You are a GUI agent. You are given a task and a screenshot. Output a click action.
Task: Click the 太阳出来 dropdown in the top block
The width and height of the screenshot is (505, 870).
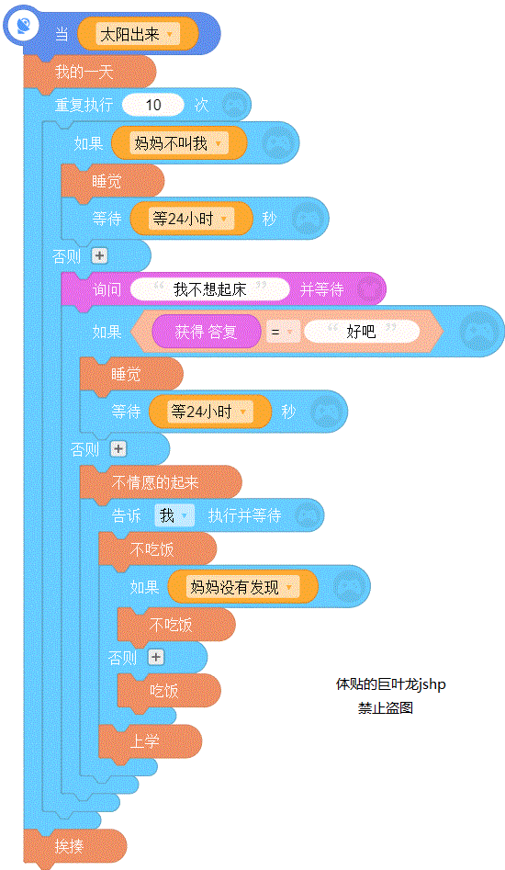[x=138, y=34]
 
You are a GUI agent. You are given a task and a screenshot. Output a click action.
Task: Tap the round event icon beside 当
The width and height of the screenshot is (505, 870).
[x=22, y=26]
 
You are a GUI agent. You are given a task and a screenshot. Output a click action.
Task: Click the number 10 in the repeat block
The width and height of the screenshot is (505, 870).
[x=153, y=105]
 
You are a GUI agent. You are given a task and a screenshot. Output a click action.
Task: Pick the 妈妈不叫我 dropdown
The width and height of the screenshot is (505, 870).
[x=178, y=143]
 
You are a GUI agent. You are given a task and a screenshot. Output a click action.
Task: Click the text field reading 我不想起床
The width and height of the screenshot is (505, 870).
[x=210, y=289]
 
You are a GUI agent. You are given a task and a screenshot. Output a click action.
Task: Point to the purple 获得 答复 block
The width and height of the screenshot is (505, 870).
[x=207, y=332]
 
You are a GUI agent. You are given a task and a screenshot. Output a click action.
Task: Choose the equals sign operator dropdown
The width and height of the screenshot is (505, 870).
[x=282, y=333]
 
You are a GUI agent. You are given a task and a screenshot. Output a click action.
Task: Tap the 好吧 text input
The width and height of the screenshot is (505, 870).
[x=362, y=332]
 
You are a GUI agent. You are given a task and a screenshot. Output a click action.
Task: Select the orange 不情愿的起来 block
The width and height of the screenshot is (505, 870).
[x=161, y=482]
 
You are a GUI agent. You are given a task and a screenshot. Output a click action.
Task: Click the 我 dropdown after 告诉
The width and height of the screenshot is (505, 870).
[x=174, y=515]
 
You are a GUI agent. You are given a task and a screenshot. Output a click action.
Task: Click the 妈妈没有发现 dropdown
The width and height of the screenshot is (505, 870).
[x=242, y=587]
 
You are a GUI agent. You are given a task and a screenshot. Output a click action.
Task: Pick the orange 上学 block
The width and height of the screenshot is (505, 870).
[x=151, y=741]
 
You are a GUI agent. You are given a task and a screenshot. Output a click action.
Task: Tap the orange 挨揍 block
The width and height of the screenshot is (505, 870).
[x=75, y=845]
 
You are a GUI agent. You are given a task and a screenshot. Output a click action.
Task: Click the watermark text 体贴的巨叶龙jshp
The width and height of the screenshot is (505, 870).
[x=391, y=684]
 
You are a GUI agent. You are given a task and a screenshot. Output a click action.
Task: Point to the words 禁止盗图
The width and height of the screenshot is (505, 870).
[x=386, y=708]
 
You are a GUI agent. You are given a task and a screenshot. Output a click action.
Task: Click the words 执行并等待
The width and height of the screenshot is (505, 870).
[x=244, y=515]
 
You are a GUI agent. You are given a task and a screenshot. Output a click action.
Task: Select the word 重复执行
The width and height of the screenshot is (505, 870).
[x=84, y=105]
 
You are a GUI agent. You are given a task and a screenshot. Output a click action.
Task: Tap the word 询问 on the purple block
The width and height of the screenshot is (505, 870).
[x=107, y=289]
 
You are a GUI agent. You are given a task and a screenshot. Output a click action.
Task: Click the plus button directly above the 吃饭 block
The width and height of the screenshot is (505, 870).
[x=156, y=657]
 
